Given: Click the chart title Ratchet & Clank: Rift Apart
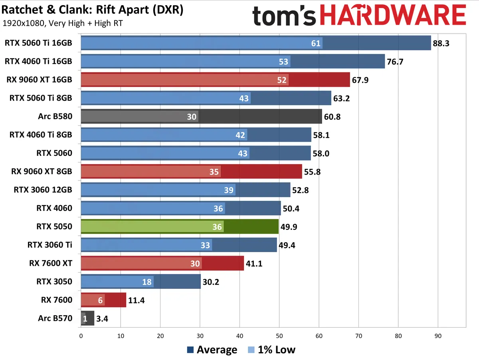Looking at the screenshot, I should [x=93, y=10].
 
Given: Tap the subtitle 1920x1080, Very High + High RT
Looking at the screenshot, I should [x=62, y=23].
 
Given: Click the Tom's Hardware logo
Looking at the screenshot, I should [x=359, y=17].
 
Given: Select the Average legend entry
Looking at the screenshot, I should [x=212, y=350].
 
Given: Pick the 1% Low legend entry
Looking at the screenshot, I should [x=271, y=350].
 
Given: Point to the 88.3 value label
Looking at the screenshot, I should [x=441, y=43].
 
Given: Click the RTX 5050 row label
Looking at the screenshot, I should [x=54, y=227].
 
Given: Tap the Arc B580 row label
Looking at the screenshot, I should [x=55, y=116].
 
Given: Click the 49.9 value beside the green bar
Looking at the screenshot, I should [x=289, y=227].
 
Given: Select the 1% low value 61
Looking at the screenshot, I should [x=316, y=43].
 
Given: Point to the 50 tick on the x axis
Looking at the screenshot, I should [x=279, y=336].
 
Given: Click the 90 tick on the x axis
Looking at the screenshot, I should [x=438, y=336].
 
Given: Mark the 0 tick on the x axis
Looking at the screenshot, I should [x=81, y=336].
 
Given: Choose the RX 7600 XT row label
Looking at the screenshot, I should [x=51, y=263].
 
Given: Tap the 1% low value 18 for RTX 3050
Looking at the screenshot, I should [x=147, y=282].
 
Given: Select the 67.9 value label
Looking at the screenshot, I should [x=360, y=80].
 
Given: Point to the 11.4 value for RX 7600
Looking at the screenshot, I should [x=136, y=300].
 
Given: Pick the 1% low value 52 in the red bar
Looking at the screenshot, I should [x=282, y=80].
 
